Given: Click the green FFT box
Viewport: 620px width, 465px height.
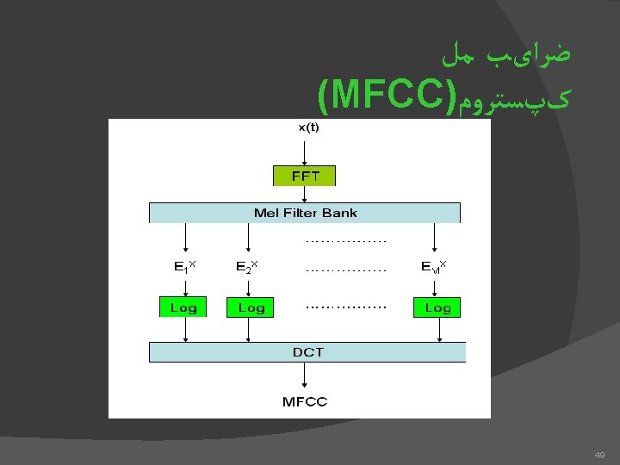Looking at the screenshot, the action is (304, 176).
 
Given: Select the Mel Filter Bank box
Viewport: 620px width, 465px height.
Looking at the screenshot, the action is (305, 213).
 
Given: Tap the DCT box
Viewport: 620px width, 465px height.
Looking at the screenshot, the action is (307, 351).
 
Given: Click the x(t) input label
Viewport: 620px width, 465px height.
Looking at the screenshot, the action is (308, 127).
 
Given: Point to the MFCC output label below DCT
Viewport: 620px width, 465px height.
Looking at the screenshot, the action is (305, 402).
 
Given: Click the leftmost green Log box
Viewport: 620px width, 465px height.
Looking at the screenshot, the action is (183, 307).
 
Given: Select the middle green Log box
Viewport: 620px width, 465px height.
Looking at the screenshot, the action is (251, 307).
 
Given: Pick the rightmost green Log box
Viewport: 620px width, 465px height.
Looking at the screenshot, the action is (437, 307).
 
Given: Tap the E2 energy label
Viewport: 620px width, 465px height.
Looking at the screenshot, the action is (247, 267).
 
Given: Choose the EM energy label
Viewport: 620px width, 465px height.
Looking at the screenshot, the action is (433, 267).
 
